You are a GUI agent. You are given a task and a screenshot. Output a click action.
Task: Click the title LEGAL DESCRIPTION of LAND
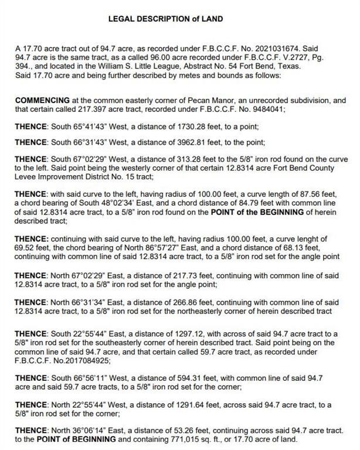coord(165,19)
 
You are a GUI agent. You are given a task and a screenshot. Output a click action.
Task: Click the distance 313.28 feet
coord(187,158)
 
